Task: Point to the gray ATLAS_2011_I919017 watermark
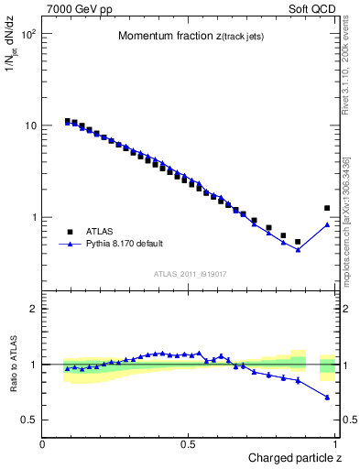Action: click(x=191, y=273)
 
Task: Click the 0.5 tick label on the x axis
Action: click(x=189, y=444)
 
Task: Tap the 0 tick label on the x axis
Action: click(x=43, y=444)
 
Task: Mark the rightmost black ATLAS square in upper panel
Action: click(x=327, y=209)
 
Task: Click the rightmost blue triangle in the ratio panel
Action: click(x=327, y=398)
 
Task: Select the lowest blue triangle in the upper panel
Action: click(x=298, y=250)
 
